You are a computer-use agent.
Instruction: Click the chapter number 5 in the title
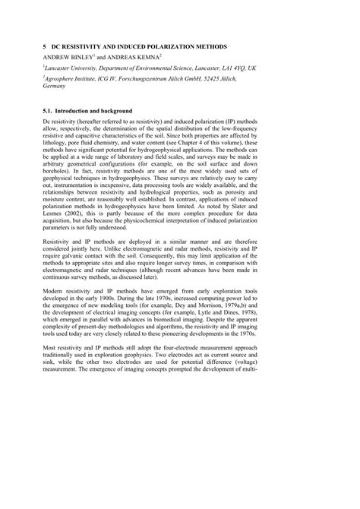click(45, 46)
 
